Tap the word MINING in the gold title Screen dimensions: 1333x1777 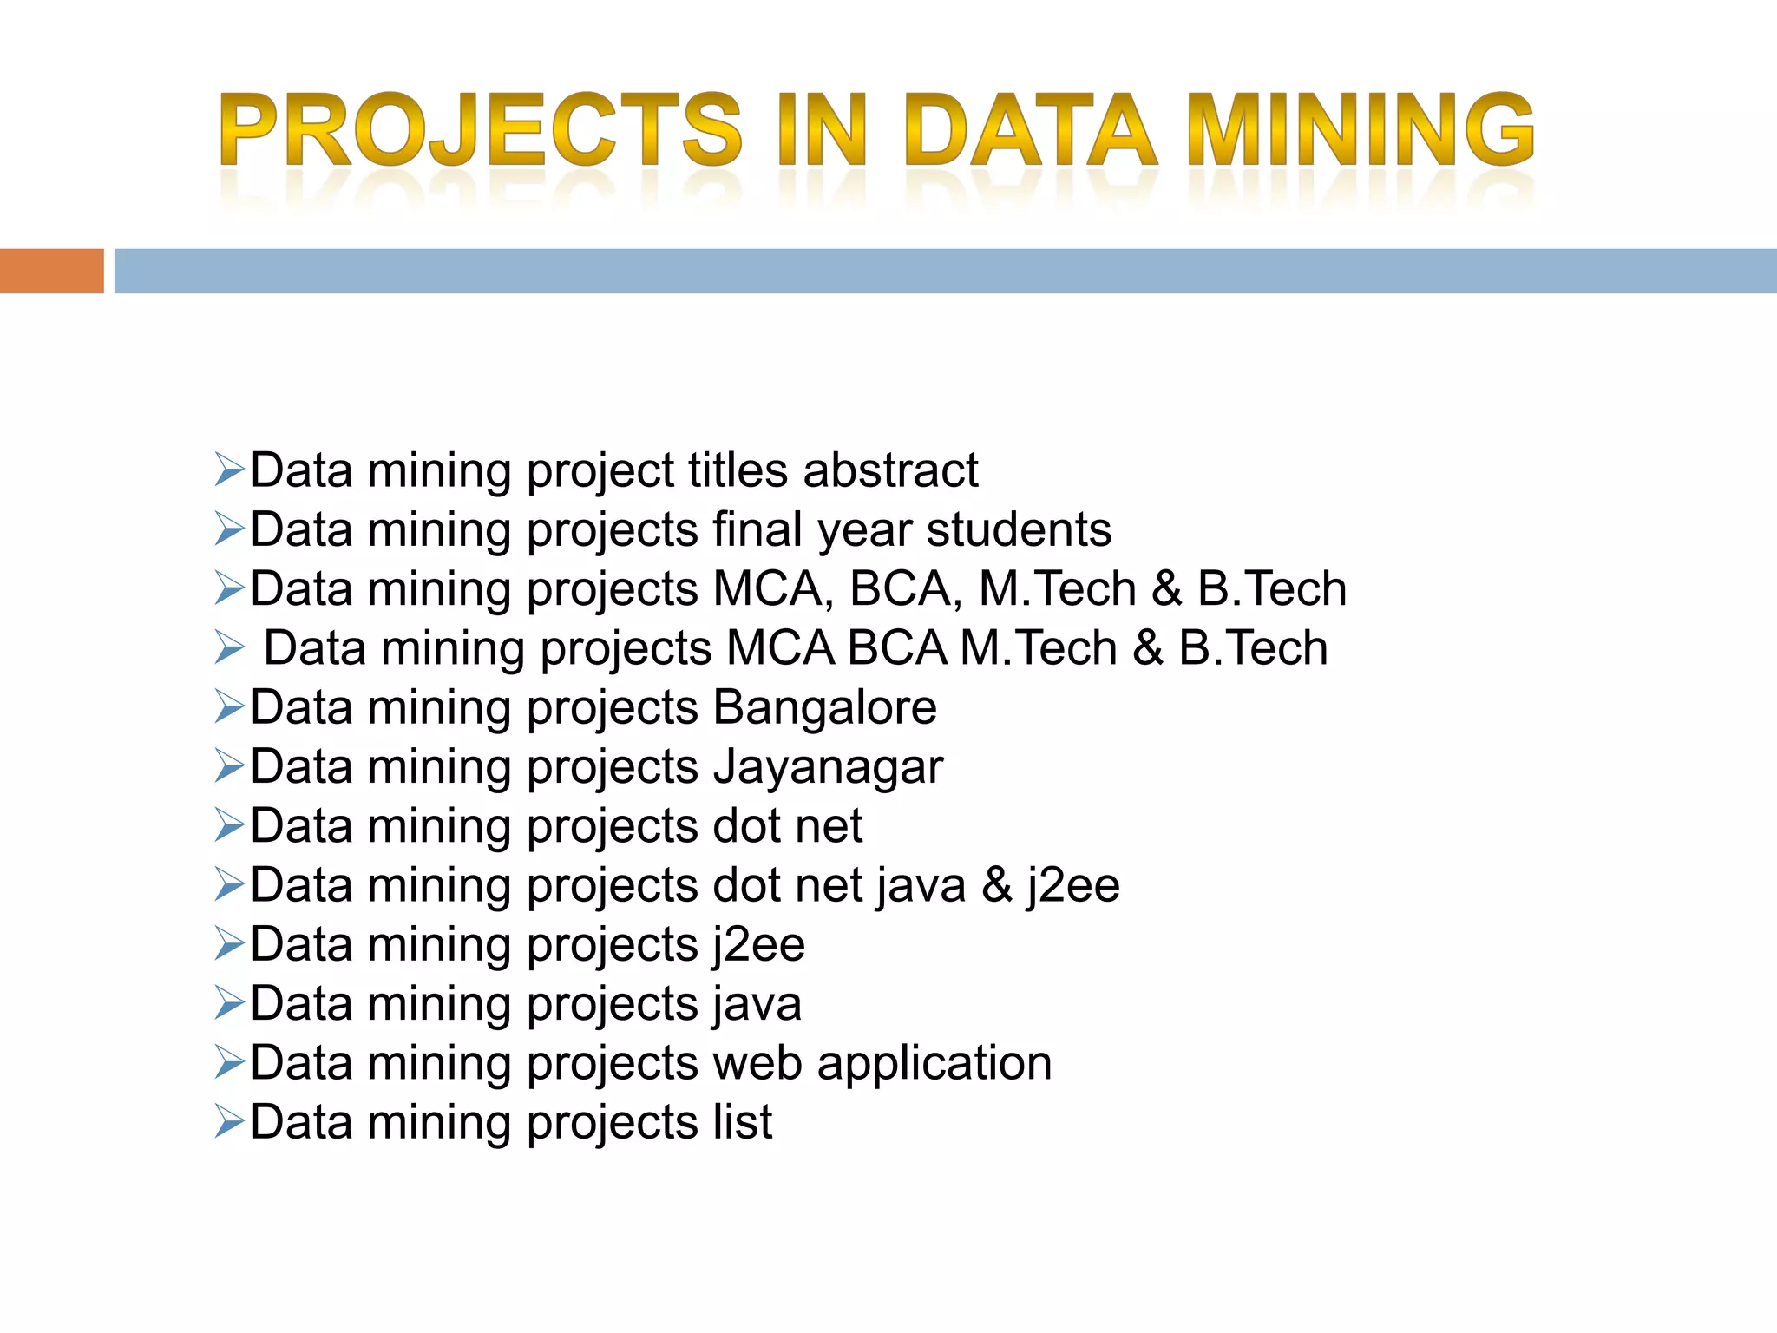(x=1360, y=130)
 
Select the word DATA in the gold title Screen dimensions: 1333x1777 (x=1029, y=130)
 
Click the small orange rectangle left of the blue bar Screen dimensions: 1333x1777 (x=51, y=271)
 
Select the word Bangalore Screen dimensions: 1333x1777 (x=824, y=707)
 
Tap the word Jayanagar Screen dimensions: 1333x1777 (x=828, y=767)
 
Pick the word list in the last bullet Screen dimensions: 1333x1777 (x=743, y=1122)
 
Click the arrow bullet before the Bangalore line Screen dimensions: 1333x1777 (x=230, y=707)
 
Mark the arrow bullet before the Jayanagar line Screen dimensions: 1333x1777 (x=230, y=767)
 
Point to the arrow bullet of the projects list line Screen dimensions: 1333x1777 (x=230, y=1122)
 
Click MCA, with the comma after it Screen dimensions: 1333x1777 (x=774, y=589)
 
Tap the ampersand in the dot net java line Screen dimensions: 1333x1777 (x=997, y=885)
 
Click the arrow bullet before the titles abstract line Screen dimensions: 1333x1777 (x=230, y=470)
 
